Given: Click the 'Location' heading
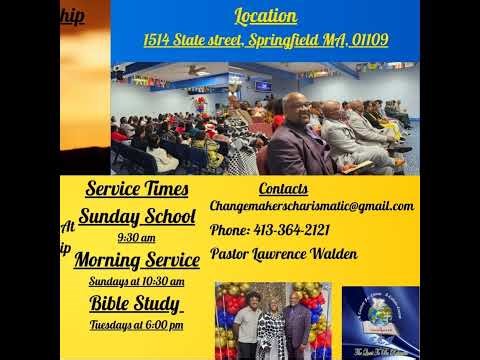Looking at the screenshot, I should point(266,16).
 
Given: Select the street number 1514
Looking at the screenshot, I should point(157,41).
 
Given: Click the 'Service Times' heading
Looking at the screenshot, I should point(136,189).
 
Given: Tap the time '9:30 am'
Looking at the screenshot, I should point(136,238).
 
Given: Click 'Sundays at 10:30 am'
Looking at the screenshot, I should point(136,281).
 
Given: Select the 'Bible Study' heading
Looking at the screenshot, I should point(135,304).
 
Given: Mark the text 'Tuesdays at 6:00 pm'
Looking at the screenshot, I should point(136,325).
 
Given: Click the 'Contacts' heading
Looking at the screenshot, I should point(283,189).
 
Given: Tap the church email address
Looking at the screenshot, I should point(311,206).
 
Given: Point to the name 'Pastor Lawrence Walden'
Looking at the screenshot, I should point(284,254).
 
